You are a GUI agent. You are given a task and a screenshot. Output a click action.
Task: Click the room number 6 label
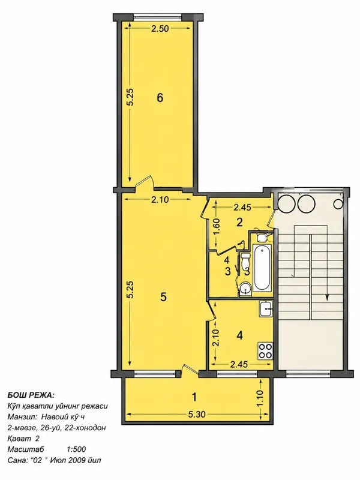pyautogui.click(x=160, y=98)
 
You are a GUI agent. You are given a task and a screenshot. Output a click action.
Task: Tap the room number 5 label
pyautogui.click(x=163, y=296)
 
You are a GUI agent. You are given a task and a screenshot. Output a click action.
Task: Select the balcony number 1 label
pyautogui.click(x=194, y=397)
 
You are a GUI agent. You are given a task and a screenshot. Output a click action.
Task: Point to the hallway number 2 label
pyautogui.click(x=239, y=222)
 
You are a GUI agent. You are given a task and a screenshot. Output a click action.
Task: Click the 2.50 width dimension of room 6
pyautogui.click(x=160, y=29)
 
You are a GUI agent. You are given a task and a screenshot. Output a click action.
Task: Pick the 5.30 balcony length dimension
pyautogui.click(x=197, y=414)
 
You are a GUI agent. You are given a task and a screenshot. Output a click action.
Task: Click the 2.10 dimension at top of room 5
pyautogui.click(x=160, y=200)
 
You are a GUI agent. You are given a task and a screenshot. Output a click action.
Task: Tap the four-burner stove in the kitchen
pyautogui.click(x=265, y=351)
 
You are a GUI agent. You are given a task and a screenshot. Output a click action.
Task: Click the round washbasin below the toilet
pyautogui.click(x=245, y=289)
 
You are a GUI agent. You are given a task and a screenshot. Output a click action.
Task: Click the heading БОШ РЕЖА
pyautogui.click(x=31, y=394)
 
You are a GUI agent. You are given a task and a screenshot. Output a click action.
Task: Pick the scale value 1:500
pyautogui.click(x=76, y=449)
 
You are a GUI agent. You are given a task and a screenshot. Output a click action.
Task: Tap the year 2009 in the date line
pyautogui.click(x=78, y=460)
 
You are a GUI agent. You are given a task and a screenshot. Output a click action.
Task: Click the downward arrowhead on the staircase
pyautogui.click(x=327, y=296)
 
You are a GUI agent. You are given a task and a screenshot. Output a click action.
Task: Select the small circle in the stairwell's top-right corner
pyautogui.click(x=338, y=203)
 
